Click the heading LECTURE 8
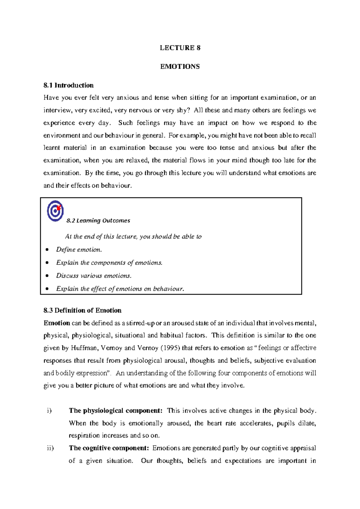(x=180, y=48)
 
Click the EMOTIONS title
(x=180, y=67)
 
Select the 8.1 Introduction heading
(x=68, y=86)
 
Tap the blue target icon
(x=55, y=211)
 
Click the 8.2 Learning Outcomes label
(x=98, y=221)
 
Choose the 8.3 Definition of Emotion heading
(x=82, y=310)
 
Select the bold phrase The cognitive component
(x=109, y=448)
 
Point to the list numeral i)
(x=49, y=411)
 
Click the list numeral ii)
(x=50, y=448)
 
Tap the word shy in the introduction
(x=181, y=110)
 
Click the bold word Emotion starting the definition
(x=57, y=323)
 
